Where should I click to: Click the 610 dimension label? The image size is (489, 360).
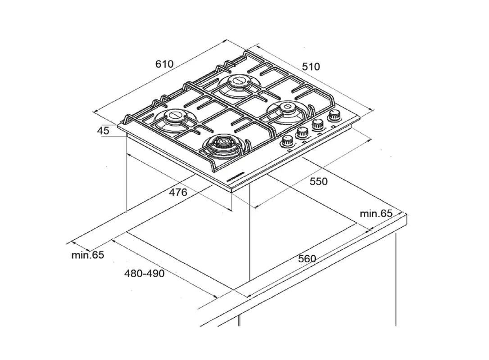click(x=164, y=64)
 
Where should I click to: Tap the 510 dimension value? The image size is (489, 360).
click(x=311, y=67)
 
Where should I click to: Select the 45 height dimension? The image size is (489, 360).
click(x=103, y=130)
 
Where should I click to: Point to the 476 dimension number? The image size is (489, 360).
click(x=178, y=192)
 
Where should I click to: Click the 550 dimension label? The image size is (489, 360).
click(x=318, y=181)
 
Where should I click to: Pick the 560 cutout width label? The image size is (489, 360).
click(x=307, y=259)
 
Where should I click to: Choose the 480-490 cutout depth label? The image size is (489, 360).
click(x=145, y=274)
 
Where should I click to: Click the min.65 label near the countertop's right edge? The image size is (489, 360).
click(x=376, y=213)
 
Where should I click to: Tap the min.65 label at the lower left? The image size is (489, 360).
click(x=88, y=255)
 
